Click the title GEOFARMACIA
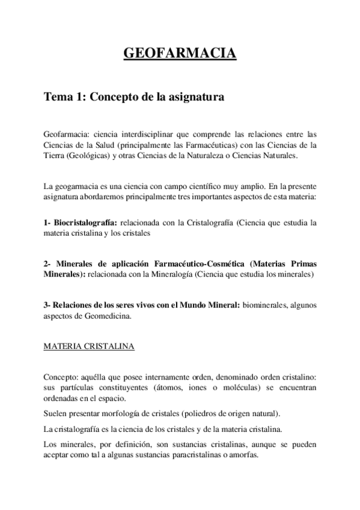(x=180, y=55)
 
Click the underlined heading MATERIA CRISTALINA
(x=89, y=346)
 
